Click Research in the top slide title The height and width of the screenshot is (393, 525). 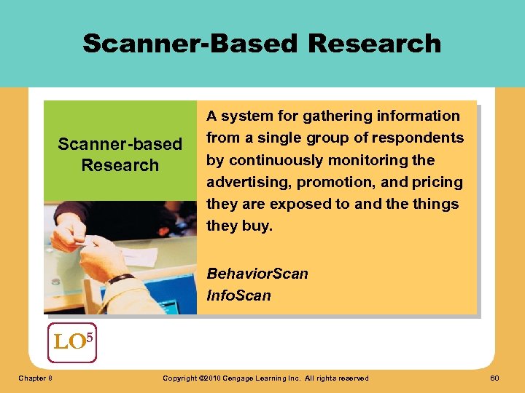click(x=374, y=43)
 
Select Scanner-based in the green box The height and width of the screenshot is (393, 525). click(x=120, y=144)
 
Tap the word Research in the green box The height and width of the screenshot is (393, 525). click(x=120, y=165)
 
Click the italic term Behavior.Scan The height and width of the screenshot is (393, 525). click(x=257, y=274)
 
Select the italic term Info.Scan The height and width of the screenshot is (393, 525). click(x=238, y=295)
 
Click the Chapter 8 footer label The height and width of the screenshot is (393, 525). click(x=35, y=378)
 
